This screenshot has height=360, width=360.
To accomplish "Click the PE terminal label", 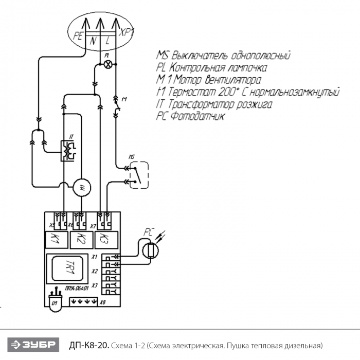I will (77, 36).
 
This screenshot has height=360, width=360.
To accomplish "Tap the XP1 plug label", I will (126, 32).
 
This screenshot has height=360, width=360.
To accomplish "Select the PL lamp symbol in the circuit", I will (107, 64).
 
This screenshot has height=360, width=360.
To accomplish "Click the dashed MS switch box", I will (138, 175).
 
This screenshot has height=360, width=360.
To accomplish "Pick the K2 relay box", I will (81, 238).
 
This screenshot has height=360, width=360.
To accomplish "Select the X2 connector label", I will (94, 271).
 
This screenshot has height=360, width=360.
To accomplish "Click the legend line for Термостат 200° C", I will (247, 93).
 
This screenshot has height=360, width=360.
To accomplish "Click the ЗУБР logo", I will (34, 344).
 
